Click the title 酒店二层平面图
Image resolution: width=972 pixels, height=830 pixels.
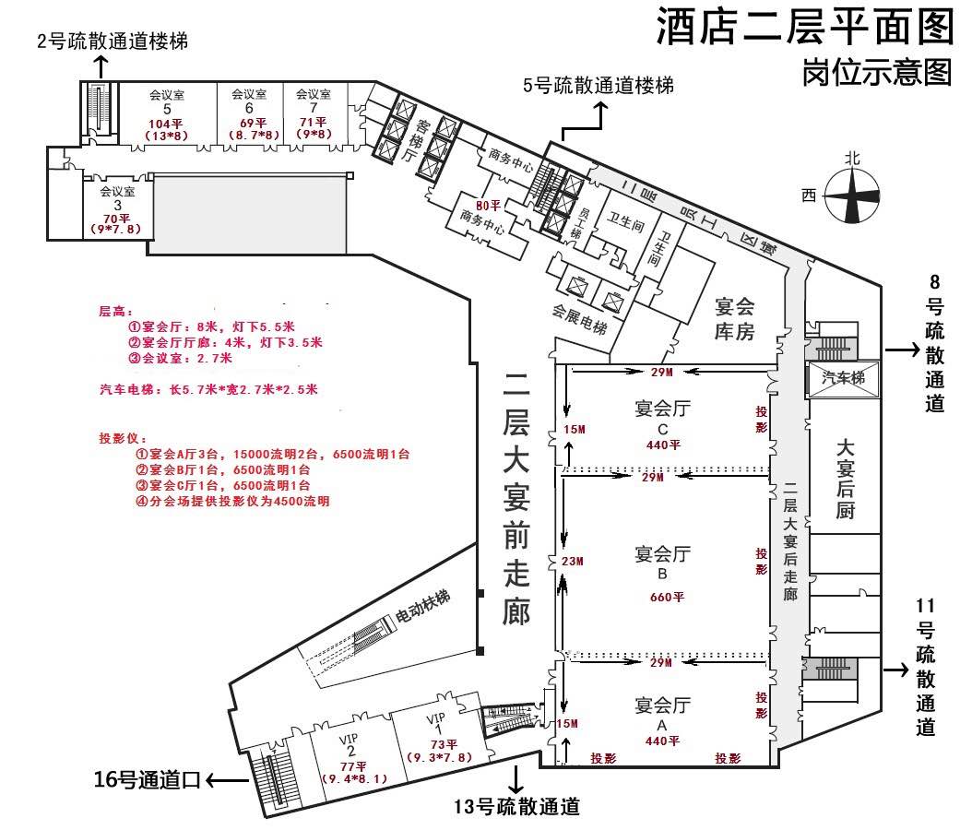[804, 27]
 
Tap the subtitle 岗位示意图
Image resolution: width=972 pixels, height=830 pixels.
[877, 72]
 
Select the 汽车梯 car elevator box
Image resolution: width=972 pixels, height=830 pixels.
[843, 379]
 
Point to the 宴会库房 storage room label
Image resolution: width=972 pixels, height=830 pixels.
[735, 318]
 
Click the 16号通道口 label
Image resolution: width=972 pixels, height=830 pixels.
[147, 781]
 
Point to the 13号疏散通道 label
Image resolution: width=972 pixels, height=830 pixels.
[517, 808]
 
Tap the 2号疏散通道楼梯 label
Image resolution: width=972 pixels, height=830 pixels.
[113, 41]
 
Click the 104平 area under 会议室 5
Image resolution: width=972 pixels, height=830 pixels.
[167, 124]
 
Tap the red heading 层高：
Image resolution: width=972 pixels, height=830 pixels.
[116, 312]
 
